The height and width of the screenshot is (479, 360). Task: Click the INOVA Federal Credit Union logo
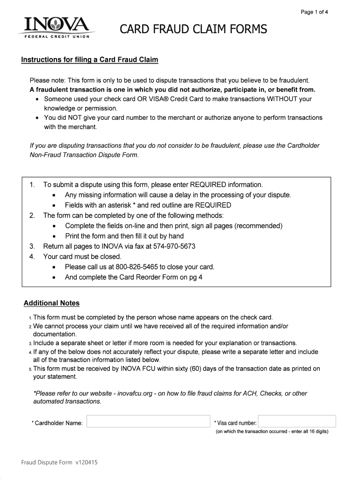tap(54, 28)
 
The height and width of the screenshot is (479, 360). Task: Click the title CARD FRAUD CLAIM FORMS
tap(194, 30)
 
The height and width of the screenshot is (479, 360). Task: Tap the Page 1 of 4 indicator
tap(314, 13)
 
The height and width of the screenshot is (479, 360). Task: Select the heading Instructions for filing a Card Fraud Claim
tap(90, 60)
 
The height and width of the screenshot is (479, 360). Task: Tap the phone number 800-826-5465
tap(137, 267)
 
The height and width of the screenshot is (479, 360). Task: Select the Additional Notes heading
tap(52, 303)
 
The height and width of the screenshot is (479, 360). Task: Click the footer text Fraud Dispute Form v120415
tap(59, 463)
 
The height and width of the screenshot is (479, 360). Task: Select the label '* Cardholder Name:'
tap(58, 423)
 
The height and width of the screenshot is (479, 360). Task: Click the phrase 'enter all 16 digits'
tap(304, 431)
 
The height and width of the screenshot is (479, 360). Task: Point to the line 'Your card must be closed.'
tap(82, 257)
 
